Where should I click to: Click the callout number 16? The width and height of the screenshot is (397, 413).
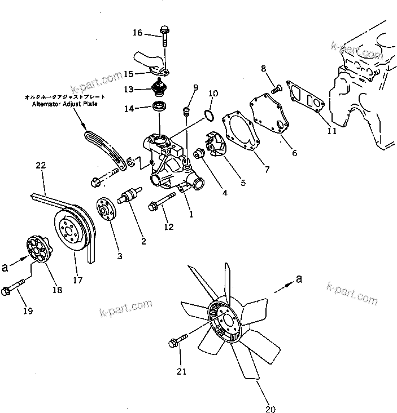pos(137,33)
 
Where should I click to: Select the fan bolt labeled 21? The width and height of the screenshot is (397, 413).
pos(177,343)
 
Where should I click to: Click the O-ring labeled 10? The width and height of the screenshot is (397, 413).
pos(207,116)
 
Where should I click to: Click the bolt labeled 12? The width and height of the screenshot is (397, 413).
pos(159,207)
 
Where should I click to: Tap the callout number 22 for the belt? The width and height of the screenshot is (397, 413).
pos(40,166)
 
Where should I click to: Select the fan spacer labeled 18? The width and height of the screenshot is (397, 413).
pos(38,252)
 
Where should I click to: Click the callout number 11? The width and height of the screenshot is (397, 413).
pos(331,131)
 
